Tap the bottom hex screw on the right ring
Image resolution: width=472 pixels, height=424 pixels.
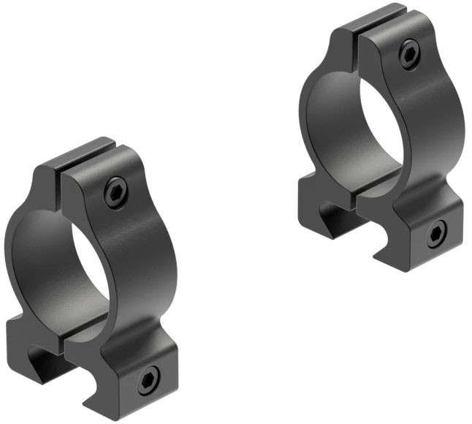(x=435, y=234)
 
